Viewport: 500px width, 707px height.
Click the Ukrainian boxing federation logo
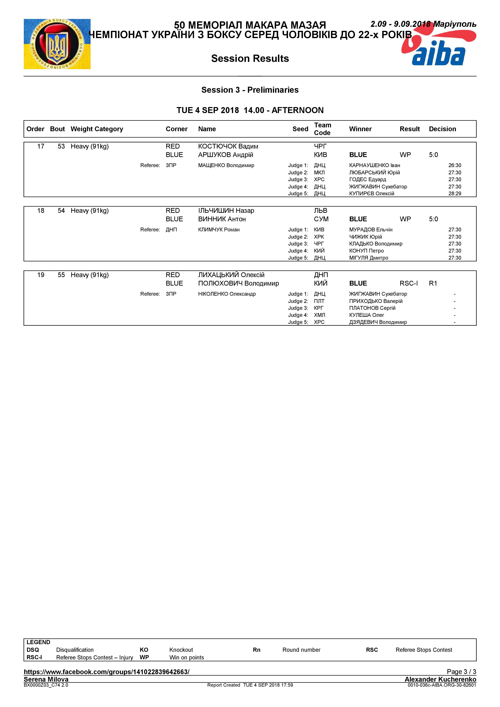[57, 44]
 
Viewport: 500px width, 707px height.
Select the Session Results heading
[250, 58]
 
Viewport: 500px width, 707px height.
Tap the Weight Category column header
[97, 129]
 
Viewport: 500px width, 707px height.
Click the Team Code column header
[322, 129]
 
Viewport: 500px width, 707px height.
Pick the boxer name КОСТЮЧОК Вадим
[228, 146]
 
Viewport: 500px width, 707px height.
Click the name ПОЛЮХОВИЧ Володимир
[238, 283]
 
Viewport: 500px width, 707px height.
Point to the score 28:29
[454, 193]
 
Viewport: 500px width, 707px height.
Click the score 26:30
[454, 165]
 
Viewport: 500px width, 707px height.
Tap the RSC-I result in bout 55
[408, 283]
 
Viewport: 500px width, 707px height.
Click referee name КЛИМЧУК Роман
[219, 229]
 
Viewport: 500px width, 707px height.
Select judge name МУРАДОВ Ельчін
[371, 229]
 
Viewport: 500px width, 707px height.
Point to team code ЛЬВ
[320, 211]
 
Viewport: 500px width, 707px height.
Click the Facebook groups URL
[106, 672]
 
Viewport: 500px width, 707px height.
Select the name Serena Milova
[46, 679]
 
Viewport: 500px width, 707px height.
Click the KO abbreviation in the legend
[144, 650]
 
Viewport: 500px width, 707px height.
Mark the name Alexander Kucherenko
[440, 679]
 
